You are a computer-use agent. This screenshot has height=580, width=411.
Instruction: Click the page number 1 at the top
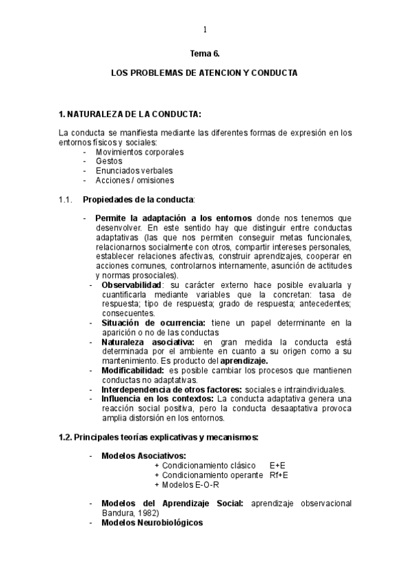[x=205, y=29]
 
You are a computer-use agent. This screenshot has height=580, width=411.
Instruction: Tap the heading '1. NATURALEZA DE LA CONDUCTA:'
[x=129, y=113]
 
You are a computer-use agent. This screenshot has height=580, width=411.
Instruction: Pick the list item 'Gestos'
[x=110, y=161]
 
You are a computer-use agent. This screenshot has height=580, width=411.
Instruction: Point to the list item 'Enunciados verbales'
[x=134, y=170]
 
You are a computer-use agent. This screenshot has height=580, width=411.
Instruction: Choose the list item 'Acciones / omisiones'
[x=135, y=180]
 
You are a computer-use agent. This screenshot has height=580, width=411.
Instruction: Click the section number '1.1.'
[x=66, y=199]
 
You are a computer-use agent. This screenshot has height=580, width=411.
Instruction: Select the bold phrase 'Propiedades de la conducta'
[x=138, y=199]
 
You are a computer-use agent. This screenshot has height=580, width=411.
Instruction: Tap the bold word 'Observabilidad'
[x=132, y=285]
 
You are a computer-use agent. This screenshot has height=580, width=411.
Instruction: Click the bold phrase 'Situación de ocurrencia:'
[x=144, y=322]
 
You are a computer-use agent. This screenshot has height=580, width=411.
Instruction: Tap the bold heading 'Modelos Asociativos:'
[x=144, y=456]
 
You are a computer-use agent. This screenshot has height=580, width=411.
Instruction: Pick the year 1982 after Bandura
[x=147, y=513]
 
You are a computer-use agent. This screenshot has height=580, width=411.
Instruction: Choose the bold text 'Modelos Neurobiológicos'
[x=152, y=523]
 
